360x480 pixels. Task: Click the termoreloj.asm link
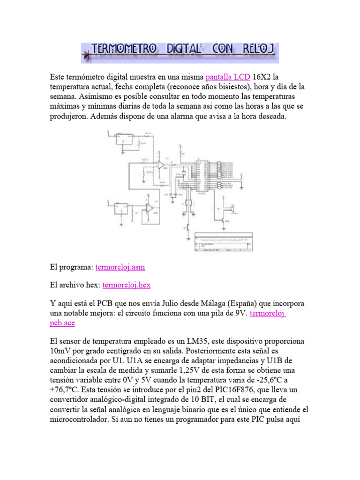120,267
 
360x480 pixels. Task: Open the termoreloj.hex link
126,285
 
